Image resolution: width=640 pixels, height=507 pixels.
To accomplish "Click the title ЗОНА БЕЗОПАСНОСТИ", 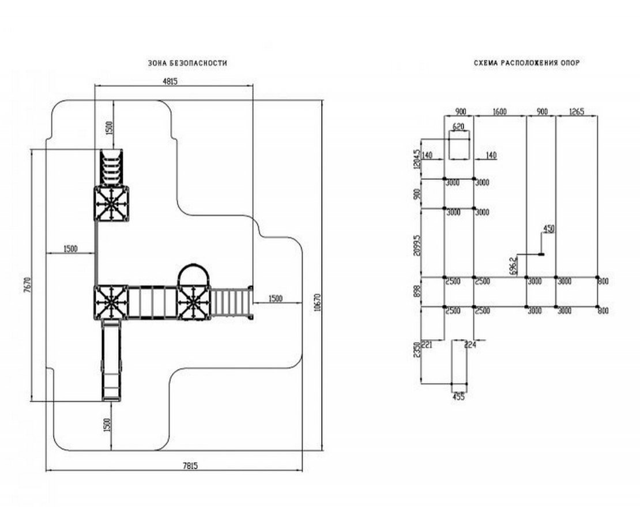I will pyautogui.click(x=187, y=63).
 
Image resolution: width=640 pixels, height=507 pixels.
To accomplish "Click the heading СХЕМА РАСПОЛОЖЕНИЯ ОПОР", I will pyautogui.click(x=526, y=63).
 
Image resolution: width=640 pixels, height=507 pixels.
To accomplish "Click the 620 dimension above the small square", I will pyautogui.click(x=458, y=126).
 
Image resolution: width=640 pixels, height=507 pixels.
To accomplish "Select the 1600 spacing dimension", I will pyautogui.click(x=499, y=111).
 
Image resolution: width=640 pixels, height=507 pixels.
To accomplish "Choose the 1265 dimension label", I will pyautogui.click(x=577, y=111).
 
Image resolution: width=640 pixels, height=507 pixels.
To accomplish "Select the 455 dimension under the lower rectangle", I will pyautogui.click(x=458, y=396).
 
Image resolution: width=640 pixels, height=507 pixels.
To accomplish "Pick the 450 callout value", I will pyautogui.click(x=549, y=229).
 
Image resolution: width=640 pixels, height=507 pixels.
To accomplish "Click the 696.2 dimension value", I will pyautogui.click(x=513, y=266).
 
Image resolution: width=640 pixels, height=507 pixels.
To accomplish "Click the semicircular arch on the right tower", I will pyautogui.click(x=194, y=273).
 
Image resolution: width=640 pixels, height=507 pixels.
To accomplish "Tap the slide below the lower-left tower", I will pyautogui.click(x=112, y=360).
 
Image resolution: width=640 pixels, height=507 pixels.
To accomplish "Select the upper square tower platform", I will pyautogui.click(x=112, y=204).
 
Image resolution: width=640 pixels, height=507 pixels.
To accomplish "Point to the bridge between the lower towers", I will pyautogui.click(x=153, y=303).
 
